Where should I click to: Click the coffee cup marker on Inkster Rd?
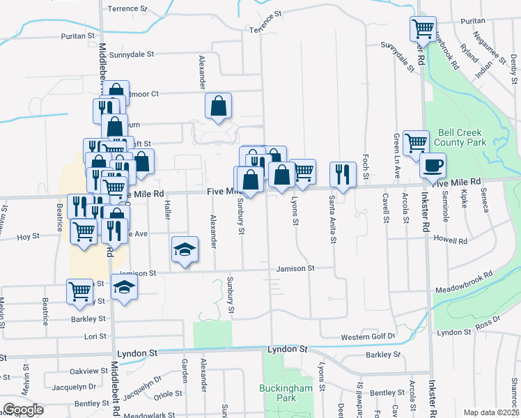(433, 166)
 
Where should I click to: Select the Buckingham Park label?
(287, 393)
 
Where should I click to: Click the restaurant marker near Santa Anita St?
(343, 173)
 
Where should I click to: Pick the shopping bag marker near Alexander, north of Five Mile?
(218, 106)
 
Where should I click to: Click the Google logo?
(23, 410)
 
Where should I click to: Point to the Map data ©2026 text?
(492, 412)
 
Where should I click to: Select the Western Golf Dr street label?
(368, 336)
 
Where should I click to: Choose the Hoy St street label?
(28, 237)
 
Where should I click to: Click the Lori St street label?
(94, 336)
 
